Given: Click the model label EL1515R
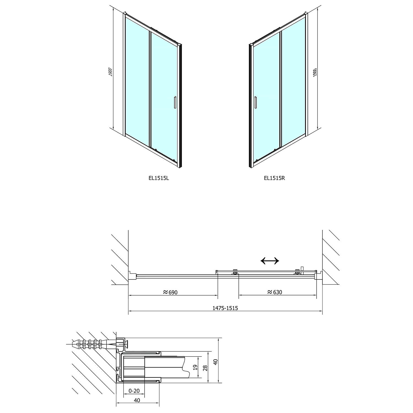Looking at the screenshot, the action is (x=274, y=178).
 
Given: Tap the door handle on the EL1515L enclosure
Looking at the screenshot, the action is (x=175, y=102).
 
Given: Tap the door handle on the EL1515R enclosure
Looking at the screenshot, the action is (x=256, y=103).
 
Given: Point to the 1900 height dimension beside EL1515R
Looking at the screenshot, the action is (x=315, y=72).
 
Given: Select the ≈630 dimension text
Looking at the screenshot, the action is (x=275, y=292).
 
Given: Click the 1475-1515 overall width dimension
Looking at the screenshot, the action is (x=225, y=308).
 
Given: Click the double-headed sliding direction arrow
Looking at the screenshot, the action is (x=270, y=260).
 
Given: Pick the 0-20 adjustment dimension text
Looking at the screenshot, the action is (x=134, y=390).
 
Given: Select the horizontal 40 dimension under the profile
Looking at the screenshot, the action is (x=137, y=400).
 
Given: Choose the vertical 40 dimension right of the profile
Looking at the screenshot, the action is (x=216, y=362).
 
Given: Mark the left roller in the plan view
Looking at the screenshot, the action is (x=235, y=272).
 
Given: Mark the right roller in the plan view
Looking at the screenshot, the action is (x=297, y=272).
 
